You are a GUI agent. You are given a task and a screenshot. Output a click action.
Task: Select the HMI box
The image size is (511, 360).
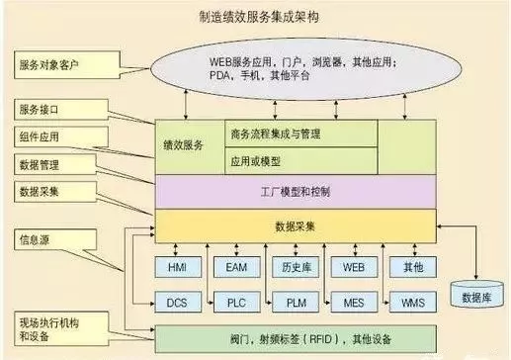point(178,267)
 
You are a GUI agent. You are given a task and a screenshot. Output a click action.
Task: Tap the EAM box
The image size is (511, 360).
point(235,267)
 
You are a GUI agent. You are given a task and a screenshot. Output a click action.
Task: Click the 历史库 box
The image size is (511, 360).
point(294,267)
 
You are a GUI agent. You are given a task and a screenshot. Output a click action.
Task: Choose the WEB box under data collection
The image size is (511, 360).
point(353,267)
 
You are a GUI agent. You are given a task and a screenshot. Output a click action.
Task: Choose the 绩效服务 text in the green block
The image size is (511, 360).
point(184,145)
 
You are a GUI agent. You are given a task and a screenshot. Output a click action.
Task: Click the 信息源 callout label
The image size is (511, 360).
point(39,239)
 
